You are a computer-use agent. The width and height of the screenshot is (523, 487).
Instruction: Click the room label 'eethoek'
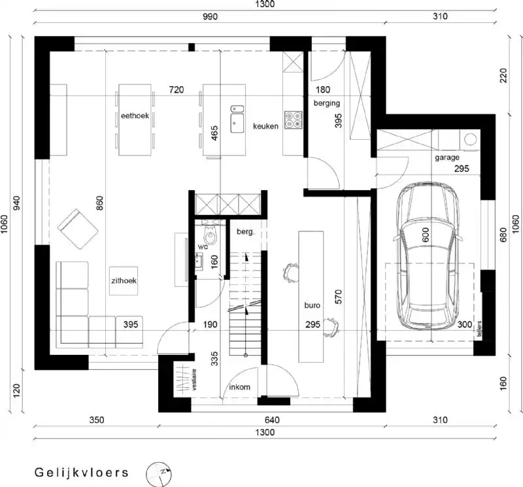pyautogui.click(x=135, y=116)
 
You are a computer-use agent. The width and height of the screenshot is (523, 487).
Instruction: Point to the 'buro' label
pyautogui.click(x=311, y=305)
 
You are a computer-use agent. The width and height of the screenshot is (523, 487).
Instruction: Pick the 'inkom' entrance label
pyautogui.click(x=239, y=387)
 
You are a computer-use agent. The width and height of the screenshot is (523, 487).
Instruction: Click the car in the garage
pyautogui.click(x=429, y=255)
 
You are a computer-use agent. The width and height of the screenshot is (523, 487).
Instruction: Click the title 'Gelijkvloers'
pyautogui.click(x=82, y=471)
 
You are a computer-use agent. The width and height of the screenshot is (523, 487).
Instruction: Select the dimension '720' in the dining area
pyautogui.click(x=176, y=89)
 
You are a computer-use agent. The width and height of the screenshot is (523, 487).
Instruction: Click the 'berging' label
pyautogui.click(x=327, y=103)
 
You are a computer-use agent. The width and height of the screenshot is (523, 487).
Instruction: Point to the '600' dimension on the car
pyautogui.click(x=425, y=235)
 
